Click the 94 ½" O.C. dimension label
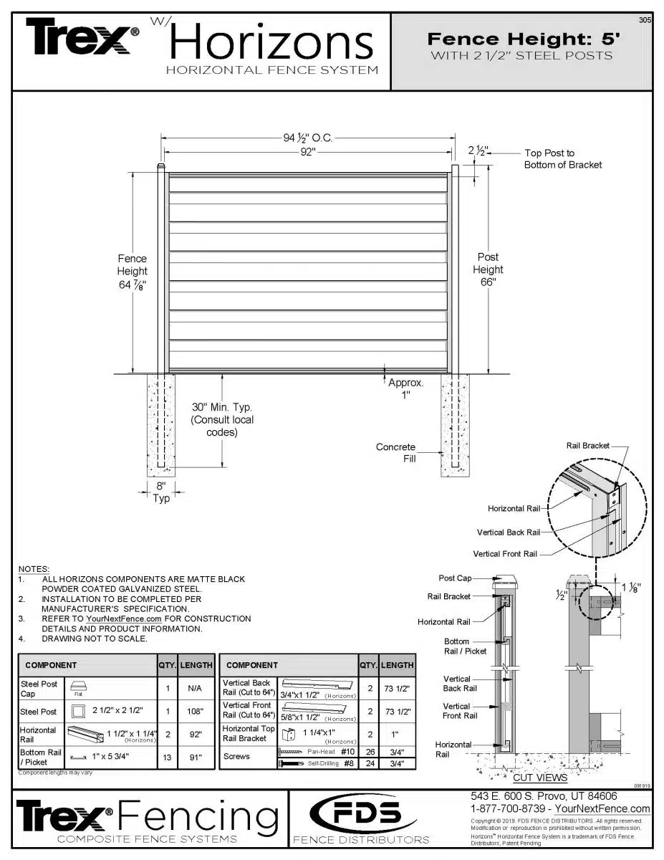coord(308,138)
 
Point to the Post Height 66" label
coord(488,269)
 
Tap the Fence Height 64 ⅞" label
coord(133,271)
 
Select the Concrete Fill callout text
coord(395,452)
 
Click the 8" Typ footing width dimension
coord(161,492)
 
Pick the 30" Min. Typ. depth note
coord(221,419)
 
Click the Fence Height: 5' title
coord(521,39)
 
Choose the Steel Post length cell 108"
coord(196,712)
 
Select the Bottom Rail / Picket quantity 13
coord(167,757)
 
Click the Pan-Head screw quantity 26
coord(370,752)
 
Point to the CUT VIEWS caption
coord(540,778)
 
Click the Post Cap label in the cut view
coord(455,578)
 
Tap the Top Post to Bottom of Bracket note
coord(562,158)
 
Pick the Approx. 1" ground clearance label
coord(406,388)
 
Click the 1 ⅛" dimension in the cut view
coord(630,588)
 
